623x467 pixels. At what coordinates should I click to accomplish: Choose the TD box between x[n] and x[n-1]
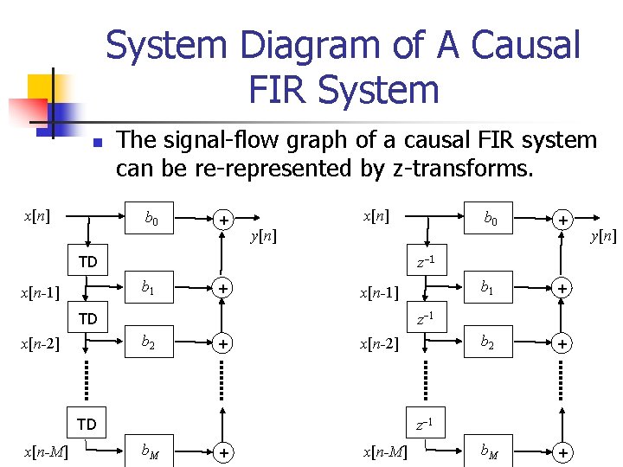pos(87,261)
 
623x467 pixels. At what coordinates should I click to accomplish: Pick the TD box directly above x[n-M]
pos(87,425)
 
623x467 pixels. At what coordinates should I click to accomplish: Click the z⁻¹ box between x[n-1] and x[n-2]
pos(425,319)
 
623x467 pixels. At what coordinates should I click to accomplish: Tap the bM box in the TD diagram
pos(151,451)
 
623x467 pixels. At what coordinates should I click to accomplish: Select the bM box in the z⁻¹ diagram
pos(490,451)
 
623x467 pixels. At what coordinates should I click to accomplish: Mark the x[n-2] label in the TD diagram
pos(42,344)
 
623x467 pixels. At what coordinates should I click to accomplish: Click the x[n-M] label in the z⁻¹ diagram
pos(386,452)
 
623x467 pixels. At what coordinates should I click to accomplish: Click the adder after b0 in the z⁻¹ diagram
pos(562,221)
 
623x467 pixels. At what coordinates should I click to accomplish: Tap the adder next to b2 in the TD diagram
pos(223,344)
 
